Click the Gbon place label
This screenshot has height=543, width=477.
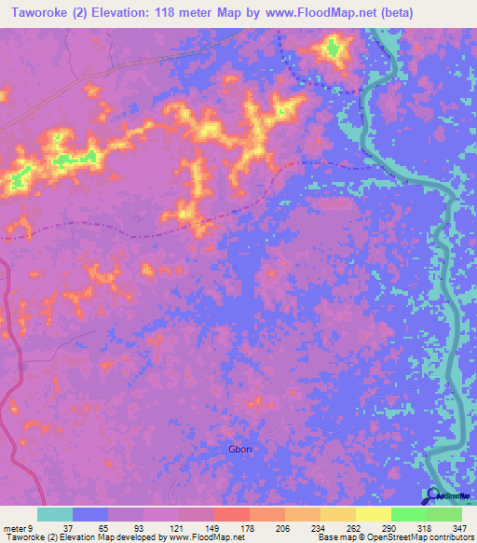(240, 449)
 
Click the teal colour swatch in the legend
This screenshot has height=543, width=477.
(55, 514)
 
